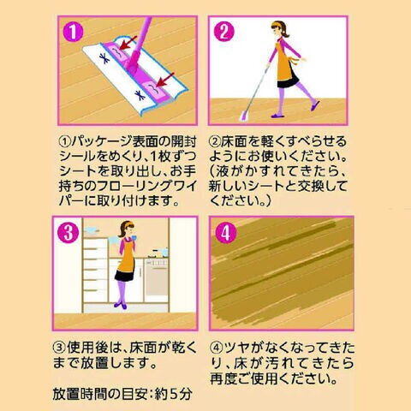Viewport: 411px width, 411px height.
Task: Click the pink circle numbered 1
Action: (x=73, y=32)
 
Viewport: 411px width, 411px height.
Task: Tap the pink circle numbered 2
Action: (x=224, y=32)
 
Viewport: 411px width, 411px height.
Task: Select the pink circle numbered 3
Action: (x=68, y=233)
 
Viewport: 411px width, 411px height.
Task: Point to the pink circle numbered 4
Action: (x=226, y=233)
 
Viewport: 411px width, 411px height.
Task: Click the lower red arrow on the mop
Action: (x=165, y=80)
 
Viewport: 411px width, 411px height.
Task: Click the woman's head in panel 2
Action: (x=279, y=29)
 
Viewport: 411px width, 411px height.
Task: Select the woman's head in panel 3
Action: (x=127, y=229)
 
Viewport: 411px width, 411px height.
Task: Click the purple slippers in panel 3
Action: (x=121, y=305)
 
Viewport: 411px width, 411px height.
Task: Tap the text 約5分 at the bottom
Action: (x=173, y=394)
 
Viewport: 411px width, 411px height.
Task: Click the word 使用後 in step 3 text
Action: (x=87, y=348)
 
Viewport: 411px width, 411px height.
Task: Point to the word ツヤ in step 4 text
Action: (x=237, y=348)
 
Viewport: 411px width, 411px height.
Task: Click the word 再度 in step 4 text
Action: (x=223, y=378)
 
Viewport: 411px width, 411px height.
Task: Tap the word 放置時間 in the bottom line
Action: (x=80, y=394)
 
